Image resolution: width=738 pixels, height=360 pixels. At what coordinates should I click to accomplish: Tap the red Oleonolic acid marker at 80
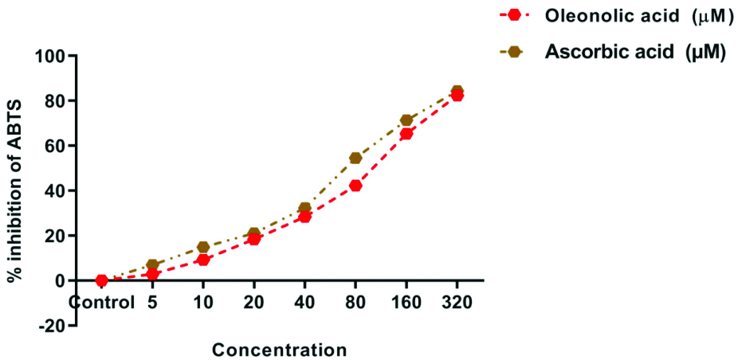[355, 186]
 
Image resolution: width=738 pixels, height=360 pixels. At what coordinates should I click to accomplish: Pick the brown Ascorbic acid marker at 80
[355, 158]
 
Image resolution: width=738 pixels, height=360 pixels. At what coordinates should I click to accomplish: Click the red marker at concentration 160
[406, 134]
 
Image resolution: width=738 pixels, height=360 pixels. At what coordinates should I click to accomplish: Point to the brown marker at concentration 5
[152, 264]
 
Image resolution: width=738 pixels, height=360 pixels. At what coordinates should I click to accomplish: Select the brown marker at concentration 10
[202, 247]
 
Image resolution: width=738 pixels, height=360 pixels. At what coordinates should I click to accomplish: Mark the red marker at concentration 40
[304, 217]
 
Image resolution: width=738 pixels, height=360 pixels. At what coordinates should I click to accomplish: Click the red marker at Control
[101, 280]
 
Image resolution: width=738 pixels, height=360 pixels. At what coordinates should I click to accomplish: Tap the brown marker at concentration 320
[457, 91]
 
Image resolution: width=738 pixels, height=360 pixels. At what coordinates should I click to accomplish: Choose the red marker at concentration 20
[253, 239]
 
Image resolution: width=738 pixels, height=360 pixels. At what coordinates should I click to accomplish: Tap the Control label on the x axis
[101, 303]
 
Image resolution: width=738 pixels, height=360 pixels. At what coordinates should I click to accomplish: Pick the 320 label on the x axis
[457, 303]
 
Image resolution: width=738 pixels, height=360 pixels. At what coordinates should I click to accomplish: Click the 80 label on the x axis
[355, 303]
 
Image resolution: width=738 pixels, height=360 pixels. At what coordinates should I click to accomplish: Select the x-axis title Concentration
[279, 350]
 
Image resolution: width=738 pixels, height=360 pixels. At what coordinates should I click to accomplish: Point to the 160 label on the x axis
[406, 303]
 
